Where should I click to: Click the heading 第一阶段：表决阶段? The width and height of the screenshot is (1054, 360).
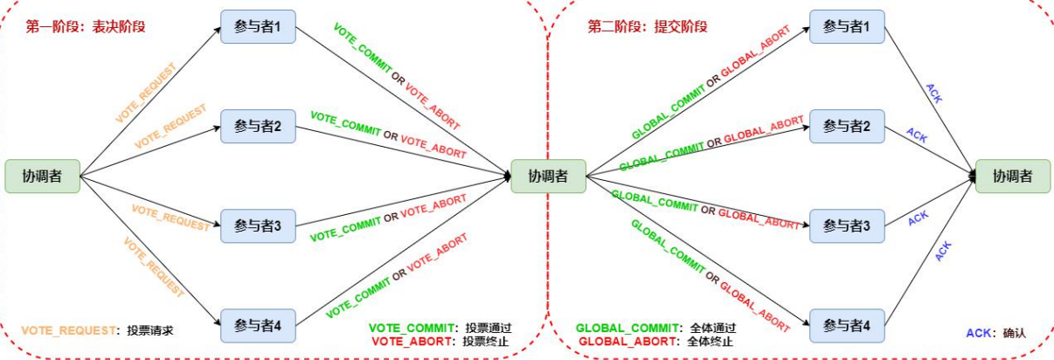point(85,27)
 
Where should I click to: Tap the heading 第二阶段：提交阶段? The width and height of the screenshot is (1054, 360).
point(647,27)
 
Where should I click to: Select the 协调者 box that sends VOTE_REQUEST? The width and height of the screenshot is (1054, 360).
point(43,176)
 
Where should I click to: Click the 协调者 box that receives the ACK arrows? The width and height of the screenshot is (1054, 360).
point(1012,176)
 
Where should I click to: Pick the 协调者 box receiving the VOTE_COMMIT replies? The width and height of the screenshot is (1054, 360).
point(548,176)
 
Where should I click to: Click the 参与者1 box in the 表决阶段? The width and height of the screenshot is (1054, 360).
point(257,27)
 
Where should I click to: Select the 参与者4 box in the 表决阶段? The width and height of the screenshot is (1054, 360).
point(257,325)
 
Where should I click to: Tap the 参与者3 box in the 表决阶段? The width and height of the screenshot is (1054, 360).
point(257,225)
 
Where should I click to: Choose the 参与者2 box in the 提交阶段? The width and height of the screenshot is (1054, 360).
point(847,127)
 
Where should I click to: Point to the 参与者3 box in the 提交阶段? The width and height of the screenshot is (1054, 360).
point(847,225)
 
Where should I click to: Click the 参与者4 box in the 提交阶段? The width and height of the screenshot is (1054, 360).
point(847,325)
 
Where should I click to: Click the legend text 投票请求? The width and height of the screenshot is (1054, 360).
point(150,331)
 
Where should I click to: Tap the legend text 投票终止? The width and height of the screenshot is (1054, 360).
point(487,341)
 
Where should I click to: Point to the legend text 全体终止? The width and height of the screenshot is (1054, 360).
point(711,341)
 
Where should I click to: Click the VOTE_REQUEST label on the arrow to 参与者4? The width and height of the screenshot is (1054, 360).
point(153,267)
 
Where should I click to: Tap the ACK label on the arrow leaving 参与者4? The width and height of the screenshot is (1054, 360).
point(943,251)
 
